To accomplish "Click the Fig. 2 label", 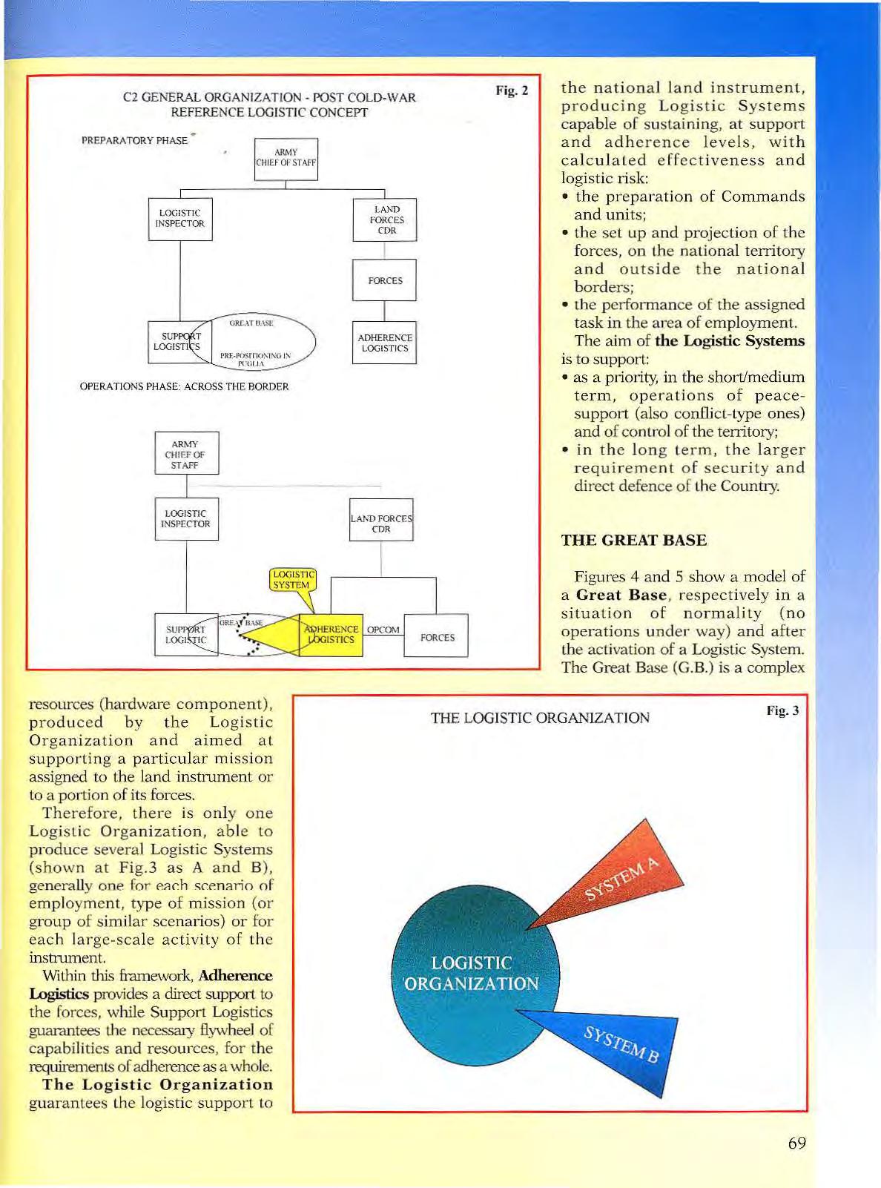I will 512,90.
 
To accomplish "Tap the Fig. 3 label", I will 782,710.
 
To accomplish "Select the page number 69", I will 796,1143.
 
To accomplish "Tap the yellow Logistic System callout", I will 292,580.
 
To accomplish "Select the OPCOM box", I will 383,630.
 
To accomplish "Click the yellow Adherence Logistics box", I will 331,635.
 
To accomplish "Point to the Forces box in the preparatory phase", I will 384,280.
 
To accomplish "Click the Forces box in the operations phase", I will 436,636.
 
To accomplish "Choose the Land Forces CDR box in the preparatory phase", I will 385,220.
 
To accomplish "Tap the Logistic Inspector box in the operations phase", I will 186,519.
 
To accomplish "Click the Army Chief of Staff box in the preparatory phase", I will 286,159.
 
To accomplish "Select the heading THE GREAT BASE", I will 633,540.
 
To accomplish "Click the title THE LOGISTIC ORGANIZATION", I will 540,718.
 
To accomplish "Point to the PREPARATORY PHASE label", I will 134,140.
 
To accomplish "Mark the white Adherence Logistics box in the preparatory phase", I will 384,343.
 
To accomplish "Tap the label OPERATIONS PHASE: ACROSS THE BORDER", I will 184,386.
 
